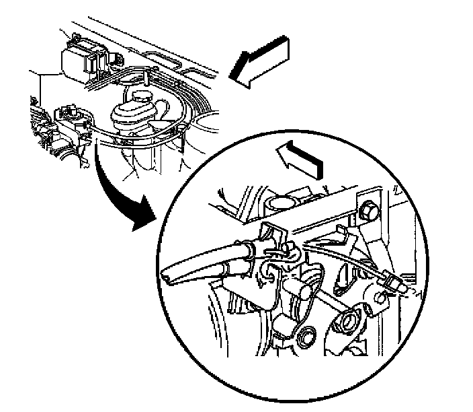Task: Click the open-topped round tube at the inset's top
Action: coord(282,202)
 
